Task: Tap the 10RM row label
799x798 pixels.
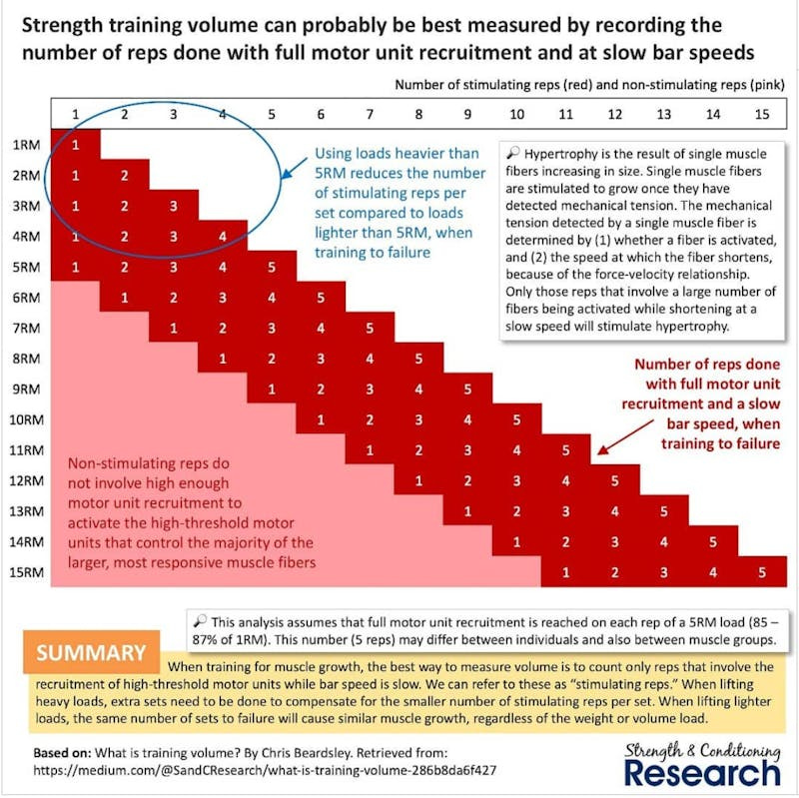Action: (x=23, y=419)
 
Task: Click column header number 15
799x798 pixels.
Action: (x=761, y=113)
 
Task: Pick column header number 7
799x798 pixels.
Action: (x=370, y=113)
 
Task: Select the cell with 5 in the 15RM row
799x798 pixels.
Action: (x=761, y=572)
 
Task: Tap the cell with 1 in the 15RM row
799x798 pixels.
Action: (x=565, y=572)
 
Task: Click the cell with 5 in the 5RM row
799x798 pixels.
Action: (x=271, y=268)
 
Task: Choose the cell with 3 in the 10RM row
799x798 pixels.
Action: (x=418, y=419)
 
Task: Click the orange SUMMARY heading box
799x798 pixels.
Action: (x=92, y=652)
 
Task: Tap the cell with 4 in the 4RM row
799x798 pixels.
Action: (x=222, y=238)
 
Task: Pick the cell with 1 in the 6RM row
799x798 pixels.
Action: (x=124, y=298)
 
